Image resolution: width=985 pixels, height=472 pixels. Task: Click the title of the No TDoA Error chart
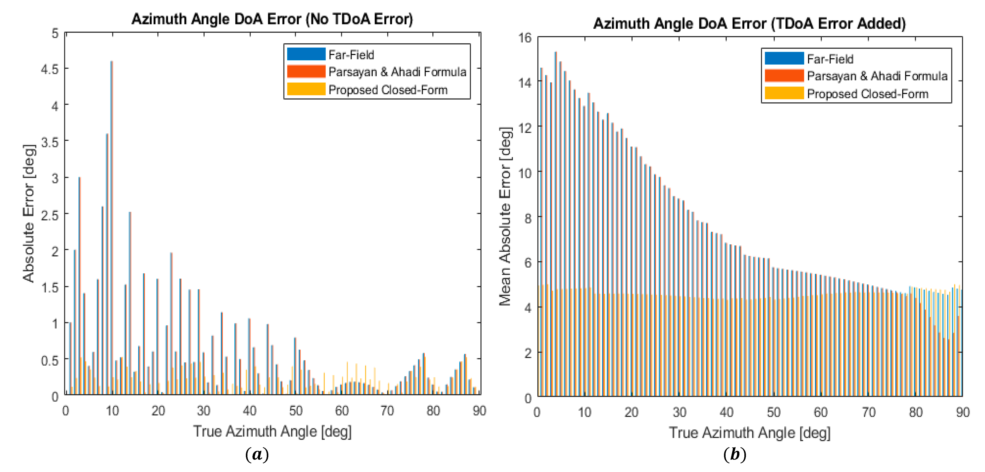272,19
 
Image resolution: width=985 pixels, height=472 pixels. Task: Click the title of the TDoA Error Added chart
749,24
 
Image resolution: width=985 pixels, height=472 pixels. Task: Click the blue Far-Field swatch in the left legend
306,54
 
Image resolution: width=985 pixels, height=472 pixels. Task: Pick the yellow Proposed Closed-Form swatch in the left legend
306,89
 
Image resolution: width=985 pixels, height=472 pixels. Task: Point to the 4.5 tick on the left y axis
50,69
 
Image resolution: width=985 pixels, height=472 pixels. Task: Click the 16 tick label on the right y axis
525,38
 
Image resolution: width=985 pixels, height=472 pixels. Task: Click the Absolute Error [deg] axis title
29,214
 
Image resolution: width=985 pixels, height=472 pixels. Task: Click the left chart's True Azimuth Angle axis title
272,431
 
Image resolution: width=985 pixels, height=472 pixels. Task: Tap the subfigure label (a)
257,454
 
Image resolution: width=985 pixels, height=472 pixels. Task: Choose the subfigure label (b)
734,454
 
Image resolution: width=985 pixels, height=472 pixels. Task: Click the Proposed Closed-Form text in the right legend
867,94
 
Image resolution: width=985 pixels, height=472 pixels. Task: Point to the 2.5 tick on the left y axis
50,215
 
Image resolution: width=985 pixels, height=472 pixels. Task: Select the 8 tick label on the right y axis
528,218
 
